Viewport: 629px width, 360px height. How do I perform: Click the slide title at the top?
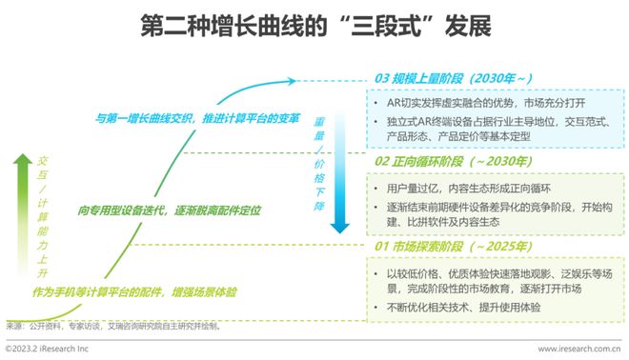pos(314,24)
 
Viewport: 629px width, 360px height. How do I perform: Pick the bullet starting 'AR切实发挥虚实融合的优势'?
pos(486,102)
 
